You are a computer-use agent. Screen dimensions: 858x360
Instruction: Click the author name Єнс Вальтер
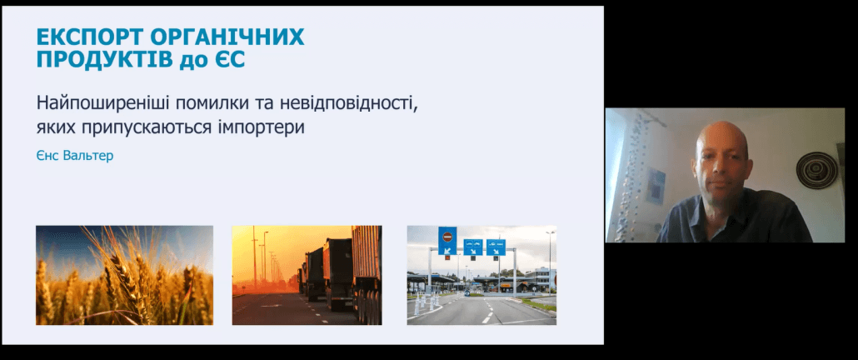[x=75, y=155]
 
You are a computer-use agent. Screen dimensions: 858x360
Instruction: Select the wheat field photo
[x=125, y=275]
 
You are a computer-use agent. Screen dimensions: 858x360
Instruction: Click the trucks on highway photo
[x=307, y=275]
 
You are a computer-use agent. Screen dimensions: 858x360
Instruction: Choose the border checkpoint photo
[x=481, y=275]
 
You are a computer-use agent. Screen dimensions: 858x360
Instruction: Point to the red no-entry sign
[x=447, y=237]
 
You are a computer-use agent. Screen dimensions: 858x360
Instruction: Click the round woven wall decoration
[x=817, y=170]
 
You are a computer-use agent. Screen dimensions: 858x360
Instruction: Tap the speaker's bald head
[x=722, y=142]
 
